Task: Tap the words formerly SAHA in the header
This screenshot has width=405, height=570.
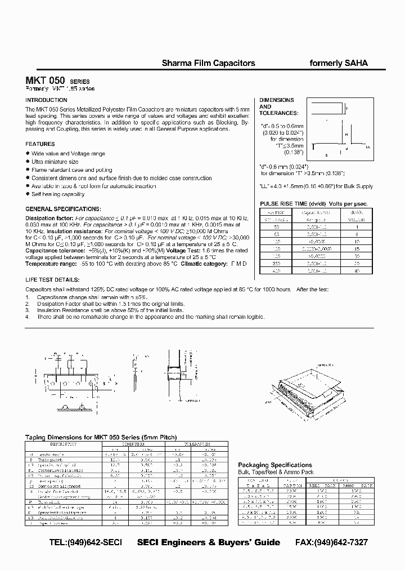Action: coord(339,64)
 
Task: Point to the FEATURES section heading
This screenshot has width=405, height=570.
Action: coord(40,144)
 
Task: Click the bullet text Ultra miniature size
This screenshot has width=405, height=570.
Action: coord(55,162)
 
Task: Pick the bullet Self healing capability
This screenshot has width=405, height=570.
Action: coord(58,194)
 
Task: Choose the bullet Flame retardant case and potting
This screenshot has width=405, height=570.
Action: coord(71,170)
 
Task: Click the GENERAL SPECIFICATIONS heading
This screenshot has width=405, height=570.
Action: coord(63,208)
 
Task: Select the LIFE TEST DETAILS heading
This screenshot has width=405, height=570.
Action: coord(53,280)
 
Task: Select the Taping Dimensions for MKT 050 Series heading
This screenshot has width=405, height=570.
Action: coord(101,437)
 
